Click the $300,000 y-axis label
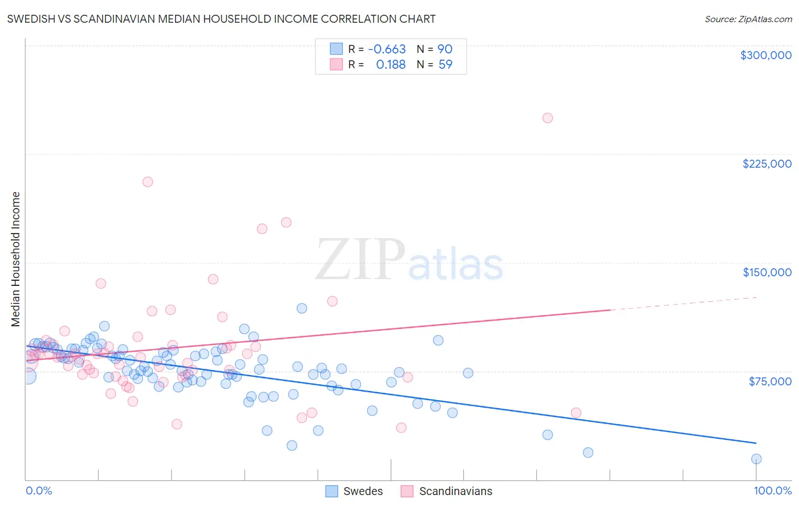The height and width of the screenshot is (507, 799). [x=765, y=55]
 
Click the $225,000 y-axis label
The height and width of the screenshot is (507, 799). [x=767, y=164]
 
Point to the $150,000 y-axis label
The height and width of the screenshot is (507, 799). [x=767, y=272]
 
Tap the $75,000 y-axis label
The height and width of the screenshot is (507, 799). [x=769, y=381]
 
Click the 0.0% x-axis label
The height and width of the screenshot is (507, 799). [x=39, y=491]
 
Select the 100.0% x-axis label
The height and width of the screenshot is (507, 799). [x=772, y=491]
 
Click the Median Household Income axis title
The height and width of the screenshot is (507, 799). [x=16, y=259]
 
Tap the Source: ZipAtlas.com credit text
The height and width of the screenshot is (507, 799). [x=748, y=19]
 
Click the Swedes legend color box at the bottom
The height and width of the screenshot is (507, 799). [x=331, y=491]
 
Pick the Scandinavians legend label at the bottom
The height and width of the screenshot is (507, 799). [x=455, y=491]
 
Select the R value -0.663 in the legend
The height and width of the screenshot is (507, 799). [x=387, y=49]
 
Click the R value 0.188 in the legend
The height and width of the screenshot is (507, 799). [x=390, y=65]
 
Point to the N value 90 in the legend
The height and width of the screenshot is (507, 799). [x=444, y=49]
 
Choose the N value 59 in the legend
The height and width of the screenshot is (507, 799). [x=445, y=65]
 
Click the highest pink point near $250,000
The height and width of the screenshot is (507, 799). [x=547, y=118]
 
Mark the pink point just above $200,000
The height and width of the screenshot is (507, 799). [x=148, y=182]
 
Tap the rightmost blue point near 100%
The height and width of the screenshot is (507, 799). [x=756, y=459]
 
